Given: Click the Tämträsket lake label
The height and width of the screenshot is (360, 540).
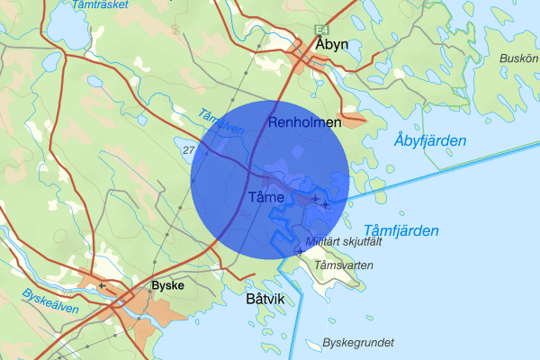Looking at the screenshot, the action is pos(99,4).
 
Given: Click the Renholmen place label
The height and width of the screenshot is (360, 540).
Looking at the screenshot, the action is pos(305,121).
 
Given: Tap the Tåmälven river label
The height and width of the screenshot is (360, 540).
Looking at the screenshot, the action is pos(219,124).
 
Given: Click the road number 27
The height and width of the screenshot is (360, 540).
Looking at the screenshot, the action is pos(188,148).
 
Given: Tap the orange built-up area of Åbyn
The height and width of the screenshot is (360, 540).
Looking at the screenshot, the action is pos(315,63).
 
